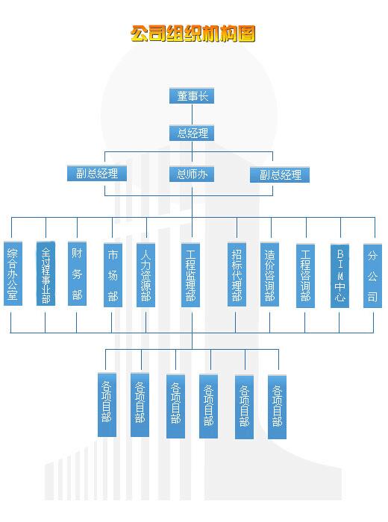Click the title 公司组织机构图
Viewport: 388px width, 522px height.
tap(193, 34)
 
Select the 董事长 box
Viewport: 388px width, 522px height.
tap(192, 96)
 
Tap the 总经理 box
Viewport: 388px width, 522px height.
tap(192, 133)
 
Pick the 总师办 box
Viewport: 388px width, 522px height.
tap(192, 174)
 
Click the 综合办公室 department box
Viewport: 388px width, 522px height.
tap(13, 274)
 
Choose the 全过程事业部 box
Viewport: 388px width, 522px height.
tap(46, 274)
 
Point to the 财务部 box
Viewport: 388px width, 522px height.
tap(78, 274)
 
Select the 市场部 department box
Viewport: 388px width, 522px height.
tap(113, 275)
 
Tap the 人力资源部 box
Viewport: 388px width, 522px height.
tap(146, 275)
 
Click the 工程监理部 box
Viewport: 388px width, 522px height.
tap(190, 275)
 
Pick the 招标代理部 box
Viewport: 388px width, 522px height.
tap(237, 274)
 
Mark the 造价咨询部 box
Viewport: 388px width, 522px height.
tap(270, 274)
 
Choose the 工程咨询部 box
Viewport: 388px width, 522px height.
tap(305, 276)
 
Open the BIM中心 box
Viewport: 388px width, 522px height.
tap(339, 276)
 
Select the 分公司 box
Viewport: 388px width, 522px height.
tap(372, 276)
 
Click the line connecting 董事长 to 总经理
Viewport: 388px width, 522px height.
tap(193, 115)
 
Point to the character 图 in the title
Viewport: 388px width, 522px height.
tap(246, 34)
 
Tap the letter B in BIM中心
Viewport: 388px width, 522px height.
tap(340, 254)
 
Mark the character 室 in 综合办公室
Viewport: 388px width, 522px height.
tap(13, 295)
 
